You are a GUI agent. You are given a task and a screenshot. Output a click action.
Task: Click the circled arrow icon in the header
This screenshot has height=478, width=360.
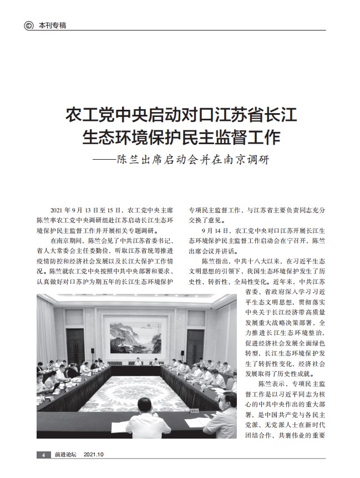(x=29, y=26)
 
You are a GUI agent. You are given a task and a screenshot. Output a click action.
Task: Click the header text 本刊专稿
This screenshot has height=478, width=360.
(x=52, y=26)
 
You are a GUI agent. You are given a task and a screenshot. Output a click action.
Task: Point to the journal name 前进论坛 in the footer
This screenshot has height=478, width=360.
(x=65, y=454)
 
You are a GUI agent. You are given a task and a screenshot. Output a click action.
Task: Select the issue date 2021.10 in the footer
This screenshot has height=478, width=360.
(x=94, y=454)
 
